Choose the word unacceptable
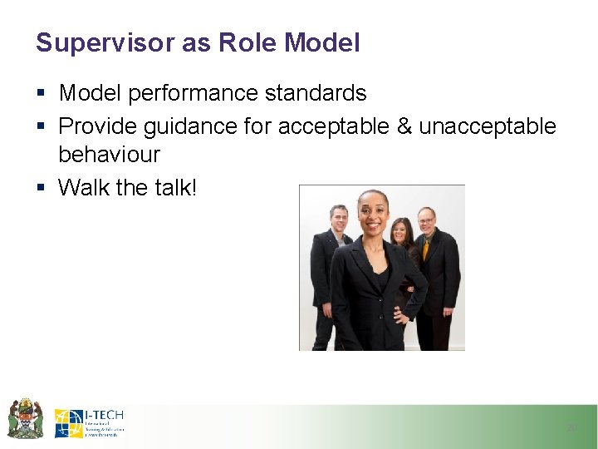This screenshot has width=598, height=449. [x=488, y=126]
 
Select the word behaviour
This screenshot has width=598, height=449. [x=109, y=155]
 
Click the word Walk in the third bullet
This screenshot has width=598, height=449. [x=84, y=188]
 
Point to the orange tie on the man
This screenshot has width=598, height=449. [x=426, y=249]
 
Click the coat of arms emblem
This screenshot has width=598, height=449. [x=25, y=418]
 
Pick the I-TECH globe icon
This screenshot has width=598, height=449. [x=68, y=423]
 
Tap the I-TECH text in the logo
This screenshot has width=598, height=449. [x=105, y=415]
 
